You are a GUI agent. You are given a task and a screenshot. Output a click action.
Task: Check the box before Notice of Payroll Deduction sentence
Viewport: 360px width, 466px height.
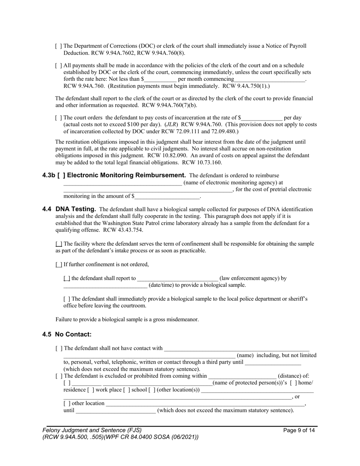pos(58,46)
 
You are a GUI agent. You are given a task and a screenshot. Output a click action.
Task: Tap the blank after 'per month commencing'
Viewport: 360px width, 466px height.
pos(269,80)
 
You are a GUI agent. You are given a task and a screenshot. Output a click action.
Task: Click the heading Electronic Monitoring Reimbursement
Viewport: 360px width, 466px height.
pos(126,175)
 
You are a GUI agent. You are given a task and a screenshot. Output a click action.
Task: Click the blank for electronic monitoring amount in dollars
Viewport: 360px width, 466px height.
pos(167,197)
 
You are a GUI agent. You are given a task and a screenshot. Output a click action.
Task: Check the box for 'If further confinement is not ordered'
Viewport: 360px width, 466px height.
pos(59,264)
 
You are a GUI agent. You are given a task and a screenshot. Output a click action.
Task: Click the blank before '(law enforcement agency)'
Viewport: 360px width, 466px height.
pos(177,278)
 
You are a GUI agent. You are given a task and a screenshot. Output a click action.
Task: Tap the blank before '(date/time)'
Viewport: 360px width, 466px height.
pos(105,285)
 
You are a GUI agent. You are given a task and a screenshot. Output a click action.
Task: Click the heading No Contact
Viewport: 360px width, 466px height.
pos(73,335)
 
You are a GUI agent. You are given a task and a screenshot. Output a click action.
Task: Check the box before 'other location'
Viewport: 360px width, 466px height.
pos(67,403)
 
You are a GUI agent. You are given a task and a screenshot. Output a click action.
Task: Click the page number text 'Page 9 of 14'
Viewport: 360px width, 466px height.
pos(299,430)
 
